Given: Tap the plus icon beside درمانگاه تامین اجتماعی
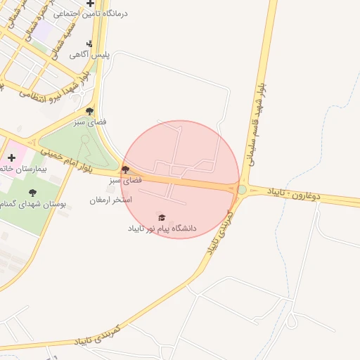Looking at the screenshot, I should pyautogui.click(x=90, y=4).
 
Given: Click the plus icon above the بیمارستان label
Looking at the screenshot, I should pyautogui.click(x=11, y=157).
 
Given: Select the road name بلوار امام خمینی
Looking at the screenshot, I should pyautogui.click(x=68, y=162).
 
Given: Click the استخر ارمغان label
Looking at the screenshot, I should pyautogui.click(x=110, y=200).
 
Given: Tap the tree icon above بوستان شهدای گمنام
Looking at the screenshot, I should pyautogui.click(x=31, y=192).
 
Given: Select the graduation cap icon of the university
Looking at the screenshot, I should pyautogui.click(x=162, y=217).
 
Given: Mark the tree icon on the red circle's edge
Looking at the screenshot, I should pyautogui.click(x=125, y=169).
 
